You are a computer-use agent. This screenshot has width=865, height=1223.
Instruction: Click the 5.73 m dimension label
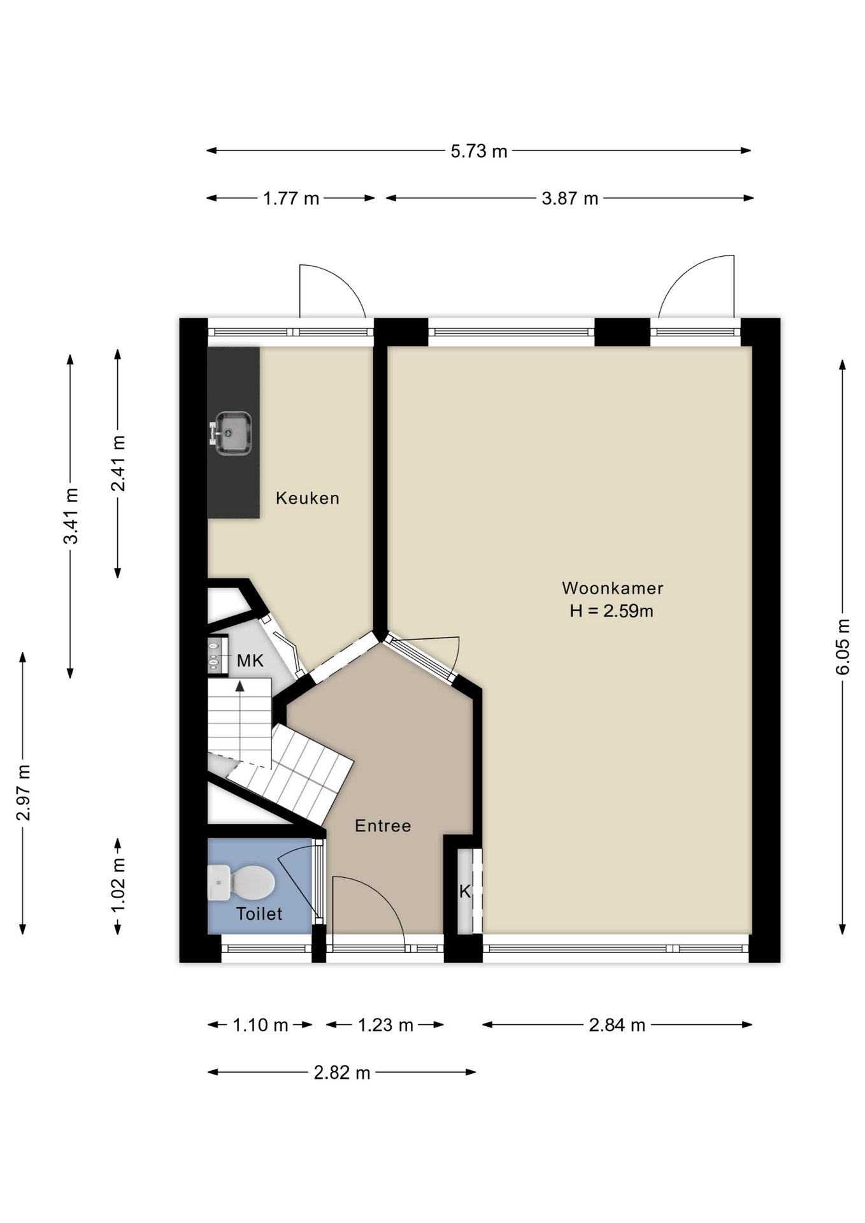pyautogui.click(x=479, y=152)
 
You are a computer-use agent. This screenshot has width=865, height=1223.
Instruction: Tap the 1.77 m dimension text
pyautogui.click(x=291, y=199)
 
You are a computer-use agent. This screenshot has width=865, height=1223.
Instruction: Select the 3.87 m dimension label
pyautogui.click(x=570, y=199)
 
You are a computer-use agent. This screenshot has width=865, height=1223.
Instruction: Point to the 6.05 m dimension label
pyautogui.click(x=843, y=647)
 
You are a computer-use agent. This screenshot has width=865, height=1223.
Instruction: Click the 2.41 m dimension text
pyautogui.click(x=118, y=463)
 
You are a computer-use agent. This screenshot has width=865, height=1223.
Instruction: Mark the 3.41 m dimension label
pyautogui.click(x=71, y=516)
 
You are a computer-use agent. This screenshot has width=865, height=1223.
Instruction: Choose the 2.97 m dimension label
pyautogui.click(x=23, y=792)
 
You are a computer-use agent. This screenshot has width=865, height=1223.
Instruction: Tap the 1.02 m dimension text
pyautogui.click(x=118, y=885)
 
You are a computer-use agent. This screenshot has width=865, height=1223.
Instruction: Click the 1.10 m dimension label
pyautogui.click(x=261, y=1026)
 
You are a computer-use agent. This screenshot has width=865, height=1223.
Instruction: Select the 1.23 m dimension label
pyautogui.click(x=385, y=1026)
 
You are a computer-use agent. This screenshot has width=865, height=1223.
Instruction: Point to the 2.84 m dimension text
pyautogui.click(x=617, y=1026)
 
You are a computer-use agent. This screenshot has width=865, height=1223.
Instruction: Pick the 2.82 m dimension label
pyautogui.click(x=342, y=1073)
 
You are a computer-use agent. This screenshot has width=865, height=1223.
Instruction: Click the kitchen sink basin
pyautogui.click(x=233, y=433)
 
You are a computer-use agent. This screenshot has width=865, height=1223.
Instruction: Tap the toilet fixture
pyautogui.click(x=241, y=882)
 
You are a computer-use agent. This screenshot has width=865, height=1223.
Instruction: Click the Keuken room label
pyautogui.click(x=308, y=498)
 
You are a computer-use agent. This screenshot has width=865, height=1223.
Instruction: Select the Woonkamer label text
pyautogui.click(x=612, y=588)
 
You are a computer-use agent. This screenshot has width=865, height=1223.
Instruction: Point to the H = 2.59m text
pyautogui.click(x=611, y=611)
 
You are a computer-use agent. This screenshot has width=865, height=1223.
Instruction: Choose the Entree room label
pyautogui.click(x=383, y=826)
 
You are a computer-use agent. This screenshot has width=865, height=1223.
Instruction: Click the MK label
pyautogui.click(x=250, y=661)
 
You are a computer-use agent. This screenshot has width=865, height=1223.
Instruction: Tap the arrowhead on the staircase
pyautogui.click(x=240, y=686)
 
